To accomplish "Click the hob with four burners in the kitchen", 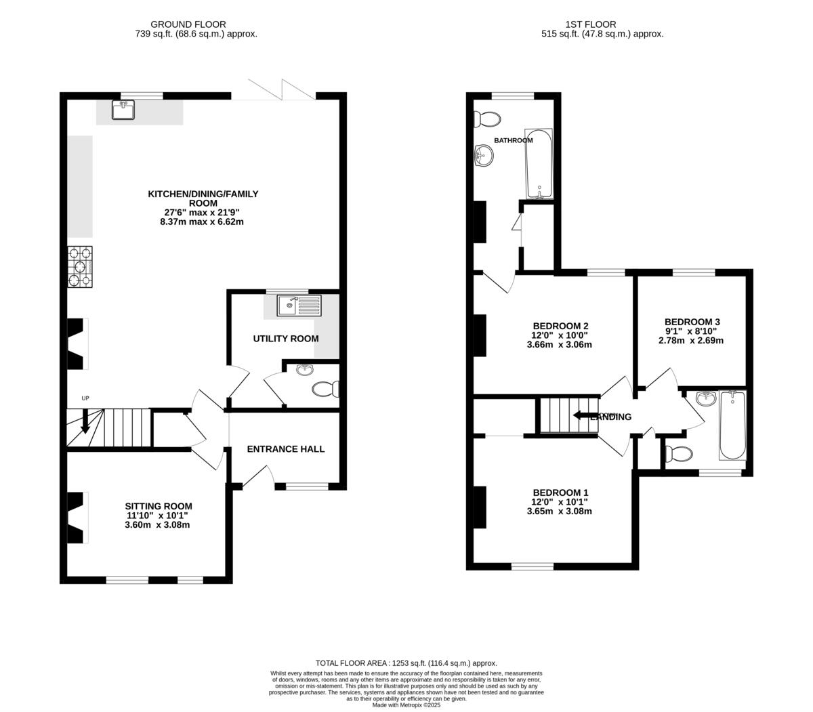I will (80, 266).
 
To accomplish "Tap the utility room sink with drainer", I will (299, 306).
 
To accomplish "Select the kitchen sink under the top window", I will (124, 109).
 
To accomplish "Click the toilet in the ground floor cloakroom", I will (325, 390).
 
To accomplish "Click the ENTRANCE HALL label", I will (285, 448).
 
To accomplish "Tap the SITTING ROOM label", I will (158, 506).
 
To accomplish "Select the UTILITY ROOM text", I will (285, 339).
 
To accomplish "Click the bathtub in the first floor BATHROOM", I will (539, 163).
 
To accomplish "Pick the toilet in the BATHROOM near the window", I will (487, 120).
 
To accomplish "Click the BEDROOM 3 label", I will (692, 322).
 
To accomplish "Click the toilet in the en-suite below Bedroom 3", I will (678, 453).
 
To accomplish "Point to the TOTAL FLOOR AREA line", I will (406, 663).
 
